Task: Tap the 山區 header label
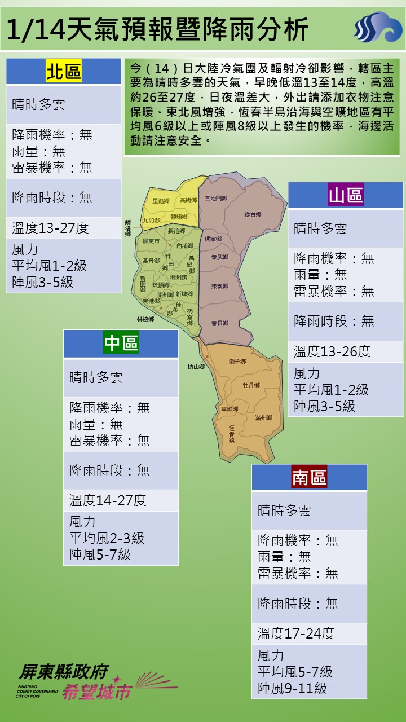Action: pos(346,195)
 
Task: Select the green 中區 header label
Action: pos(121,343)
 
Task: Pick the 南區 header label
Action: pos(309,477)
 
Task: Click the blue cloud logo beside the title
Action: pos(377,28)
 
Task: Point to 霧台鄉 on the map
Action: pos(253,214)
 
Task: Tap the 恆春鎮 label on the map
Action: pos(231,433)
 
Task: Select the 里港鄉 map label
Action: pos(161,201)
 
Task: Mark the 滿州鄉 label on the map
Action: pos(263,418)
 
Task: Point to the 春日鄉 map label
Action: pos(219,323)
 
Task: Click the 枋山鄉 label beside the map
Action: pos(196,367)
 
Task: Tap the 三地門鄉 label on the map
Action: pos(215,198)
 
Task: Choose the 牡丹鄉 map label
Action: pos(251,385)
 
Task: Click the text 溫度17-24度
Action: pos(296,633)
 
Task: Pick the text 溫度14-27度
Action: pos(108,500)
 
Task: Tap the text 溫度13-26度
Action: pos(332,351)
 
